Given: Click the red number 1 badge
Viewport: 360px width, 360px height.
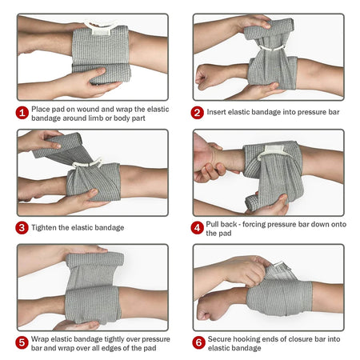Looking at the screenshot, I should click(22, 112).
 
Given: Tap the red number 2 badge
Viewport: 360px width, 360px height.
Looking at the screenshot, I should click(197, 112).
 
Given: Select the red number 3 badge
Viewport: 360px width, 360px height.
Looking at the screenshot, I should click(22, 227).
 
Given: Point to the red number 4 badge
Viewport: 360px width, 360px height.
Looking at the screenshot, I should click(197, 227).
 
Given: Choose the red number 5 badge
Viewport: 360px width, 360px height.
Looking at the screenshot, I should click(22, 342).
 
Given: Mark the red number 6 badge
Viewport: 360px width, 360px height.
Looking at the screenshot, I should click(197, 342).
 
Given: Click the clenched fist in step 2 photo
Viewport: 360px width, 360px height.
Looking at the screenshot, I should click(210, 77).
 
